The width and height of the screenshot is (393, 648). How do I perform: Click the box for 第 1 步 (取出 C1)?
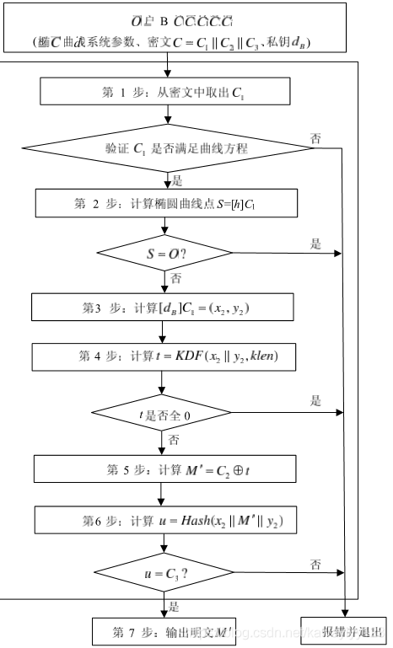(x=164, y=92)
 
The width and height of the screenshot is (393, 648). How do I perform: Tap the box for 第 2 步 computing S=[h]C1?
(x=164, y=202)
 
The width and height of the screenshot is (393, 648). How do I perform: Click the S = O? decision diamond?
(x=164, y=252)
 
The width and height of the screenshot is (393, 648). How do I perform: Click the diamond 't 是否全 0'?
(x=163, y=413)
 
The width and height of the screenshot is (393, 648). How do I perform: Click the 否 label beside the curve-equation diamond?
(x=316, y=138)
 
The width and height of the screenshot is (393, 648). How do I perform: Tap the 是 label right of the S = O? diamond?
(x=316, y=244)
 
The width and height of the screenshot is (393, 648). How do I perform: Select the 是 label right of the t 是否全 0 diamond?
(x=316, y=401)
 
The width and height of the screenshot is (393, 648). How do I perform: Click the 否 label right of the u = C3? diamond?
(x=316, y=564)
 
